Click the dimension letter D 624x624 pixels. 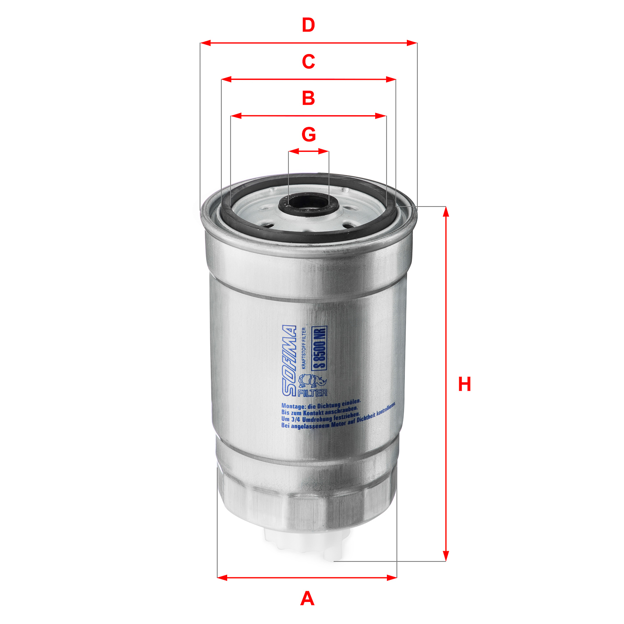click(308, 25)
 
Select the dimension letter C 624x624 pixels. click(308, 62)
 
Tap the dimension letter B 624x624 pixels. click(308, 98)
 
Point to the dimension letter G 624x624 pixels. click(309, 135)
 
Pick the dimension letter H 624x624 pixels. click(464, 384)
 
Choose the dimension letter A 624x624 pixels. click(307, 599)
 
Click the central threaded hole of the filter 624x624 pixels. click(309, 203)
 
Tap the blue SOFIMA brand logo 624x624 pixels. click(290, 360)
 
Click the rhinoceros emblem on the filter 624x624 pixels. click(313, 381)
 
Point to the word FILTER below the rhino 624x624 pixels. click(312, 393)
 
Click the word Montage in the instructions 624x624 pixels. click(293, 406)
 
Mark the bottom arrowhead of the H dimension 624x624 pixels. click(446, 556)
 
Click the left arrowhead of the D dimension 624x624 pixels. click(205, 43)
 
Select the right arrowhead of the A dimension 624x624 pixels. click(392, 577)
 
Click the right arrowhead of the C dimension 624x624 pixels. click(391, 79)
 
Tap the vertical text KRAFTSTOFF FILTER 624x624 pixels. click(304, 349)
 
